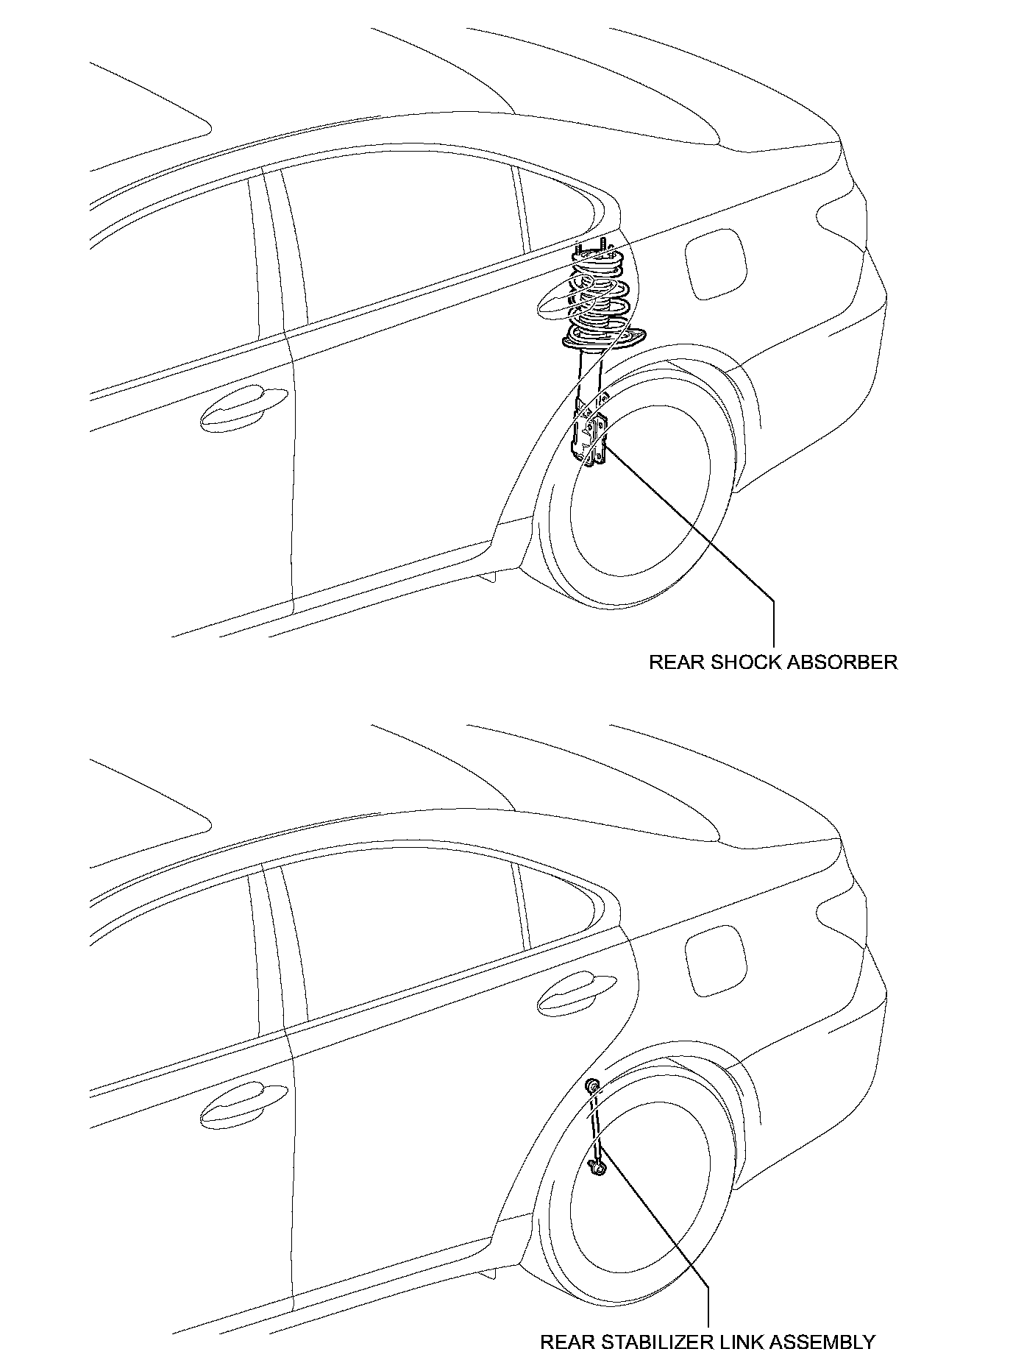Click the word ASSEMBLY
[x=827, y=1342]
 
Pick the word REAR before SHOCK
[x=677, y=662]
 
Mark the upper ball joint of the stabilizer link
[x=593, y=1086]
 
